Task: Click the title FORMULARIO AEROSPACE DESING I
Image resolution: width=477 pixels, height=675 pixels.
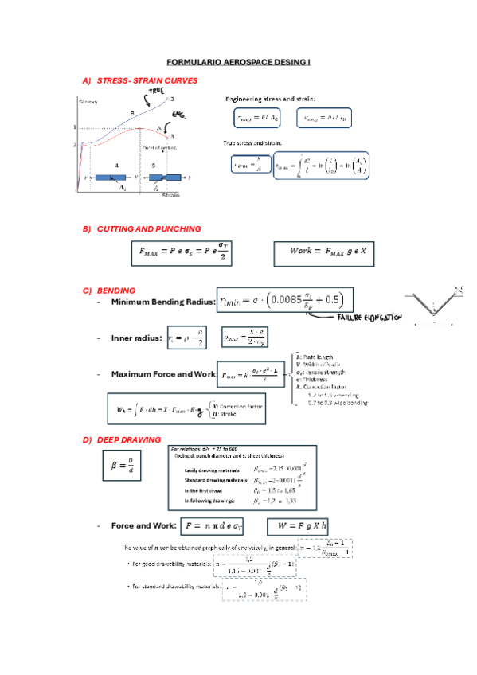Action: pyautogui.click(x=238, y=61)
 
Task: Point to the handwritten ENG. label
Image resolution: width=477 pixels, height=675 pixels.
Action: pyautogui.click(x=178, y=116)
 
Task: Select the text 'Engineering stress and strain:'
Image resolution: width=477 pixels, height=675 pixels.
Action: pyautogui.click(x=271, y=99)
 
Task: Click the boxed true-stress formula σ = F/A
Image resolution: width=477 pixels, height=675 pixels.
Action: pyautogui.click(x=248, y=164)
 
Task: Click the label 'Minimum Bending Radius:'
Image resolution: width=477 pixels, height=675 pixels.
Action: pyautogui.click(x=162, y=302)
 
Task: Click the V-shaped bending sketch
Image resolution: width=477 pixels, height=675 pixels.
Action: pyautogui.click(x=435, y=302)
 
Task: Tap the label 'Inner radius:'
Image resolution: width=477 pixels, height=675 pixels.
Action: pyautogui.click(x=136, y=338)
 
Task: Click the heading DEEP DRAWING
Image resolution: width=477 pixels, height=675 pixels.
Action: pyautogui.click(x=128, y=439)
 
